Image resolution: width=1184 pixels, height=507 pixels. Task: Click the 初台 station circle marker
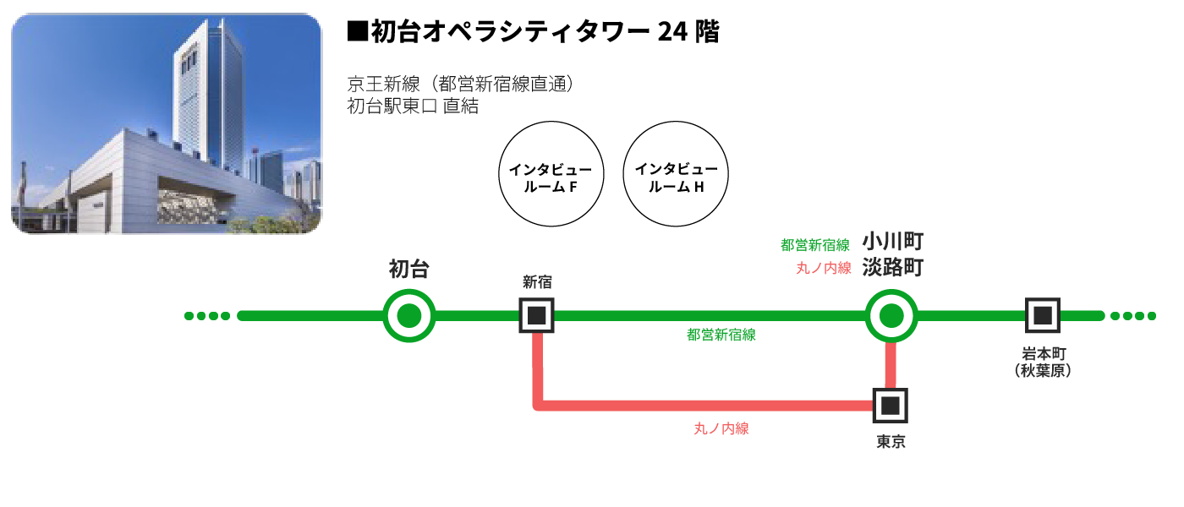click(x=409, y=316)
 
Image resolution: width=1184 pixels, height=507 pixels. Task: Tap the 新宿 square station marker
click(x=536, y=316)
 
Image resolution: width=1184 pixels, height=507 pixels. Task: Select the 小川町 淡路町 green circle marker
click(x=891, y=316)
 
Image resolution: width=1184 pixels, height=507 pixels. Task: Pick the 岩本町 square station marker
click(x=1043, y=316)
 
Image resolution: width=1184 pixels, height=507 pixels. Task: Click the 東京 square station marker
click(x=890, y=406)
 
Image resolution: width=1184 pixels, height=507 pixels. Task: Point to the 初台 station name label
click(x=409, y=270)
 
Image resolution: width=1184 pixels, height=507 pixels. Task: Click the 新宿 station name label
click(x=536, y=282)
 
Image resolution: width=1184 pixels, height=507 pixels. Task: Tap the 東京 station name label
click(x=891, y=442)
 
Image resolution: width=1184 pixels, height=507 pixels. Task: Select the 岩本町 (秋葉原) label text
click(x=1043, y=362)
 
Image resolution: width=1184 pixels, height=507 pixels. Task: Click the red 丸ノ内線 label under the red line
click(x=721, y=429)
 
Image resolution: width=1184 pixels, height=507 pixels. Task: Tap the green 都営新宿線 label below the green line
click(x=721, y=335)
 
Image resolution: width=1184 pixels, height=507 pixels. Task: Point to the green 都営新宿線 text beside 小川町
click(x=815, y=246)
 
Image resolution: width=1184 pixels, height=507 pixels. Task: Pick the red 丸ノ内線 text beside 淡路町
click(x=823, y=269)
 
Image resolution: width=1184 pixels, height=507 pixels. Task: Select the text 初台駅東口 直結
click(x=413, y=106)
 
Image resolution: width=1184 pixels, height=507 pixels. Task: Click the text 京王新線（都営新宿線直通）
click(x=461, y=84)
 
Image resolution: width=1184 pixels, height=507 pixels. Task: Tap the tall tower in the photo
click(x=206, y=93)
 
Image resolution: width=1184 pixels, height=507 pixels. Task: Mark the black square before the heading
click(x=357, y=33)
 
